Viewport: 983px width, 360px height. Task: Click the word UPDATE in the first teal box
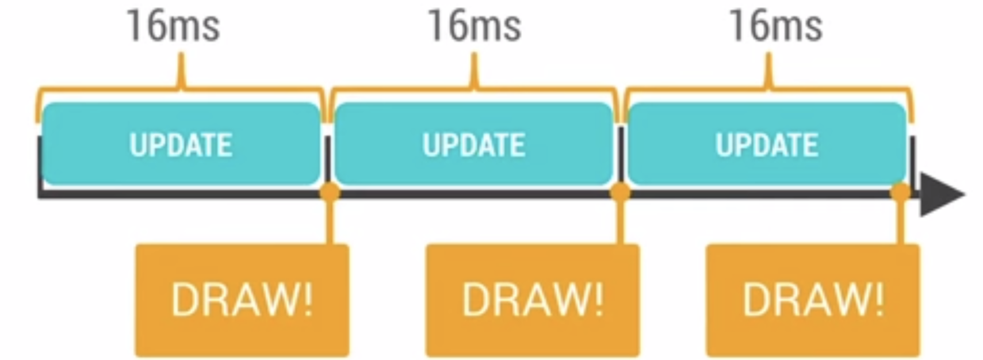[x=181, y=145]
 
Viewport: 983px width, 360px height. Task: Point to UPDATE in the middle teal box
[x=473, y=145]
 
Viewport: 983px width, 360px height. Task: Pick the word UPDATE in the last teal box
[x=767, y=145]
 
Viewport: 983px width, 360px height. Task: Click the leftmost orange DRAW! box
[x=242, y=300]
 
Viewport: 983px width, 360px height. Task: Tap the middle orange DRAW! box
[x=532, y=300]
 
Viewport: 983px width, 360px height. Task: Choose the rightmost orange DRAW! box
[x=813, y=300]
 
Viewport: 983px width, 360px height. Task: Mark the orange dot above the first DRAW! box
[x=331, y=193]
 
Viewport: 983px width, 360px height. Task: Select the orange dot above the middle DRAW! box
[x=621, y=193]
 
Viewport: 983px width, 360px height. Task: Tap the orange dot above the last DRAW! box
[x=901, y=193]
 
